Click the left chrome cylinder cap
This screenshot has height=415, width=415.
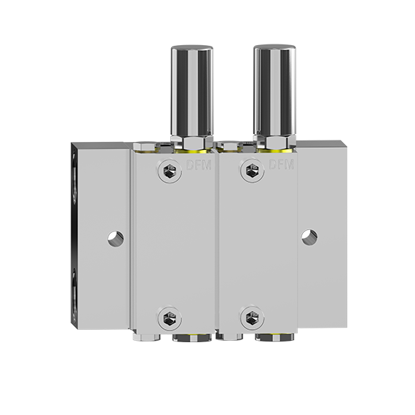[x=192, y=91]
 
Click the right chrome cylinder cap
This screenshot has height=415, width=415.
[x=274, y=90]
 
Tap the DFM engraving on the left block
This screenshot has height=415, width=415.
[x=199, y=165]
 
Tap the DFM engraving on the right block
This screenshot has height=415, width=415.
[x=282, y=165]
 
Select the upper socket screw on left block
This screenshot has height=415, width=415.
[x=170, y=171]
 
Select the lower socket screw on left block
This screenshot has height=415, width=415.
[x=170, y=318]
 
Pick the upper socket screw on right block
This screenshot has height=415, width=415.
[x=253, y=170]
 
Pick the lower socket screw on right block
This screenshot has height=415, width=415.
[x=253, y=318]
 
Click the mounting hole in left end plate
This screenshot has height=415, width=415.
[x=116, y=239]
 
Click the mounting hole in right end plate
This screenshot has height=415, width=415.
[x=309, y=237]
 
